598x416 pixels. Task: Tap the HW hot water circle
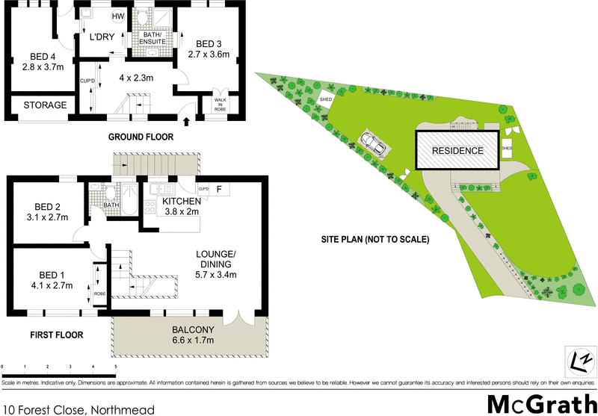pos(118,16)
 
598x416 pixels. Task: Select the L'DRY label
pos(102,37)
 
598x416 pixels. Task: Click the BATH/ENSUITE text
pos(153,38)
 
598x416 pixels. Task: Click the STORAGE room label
pos(44,105)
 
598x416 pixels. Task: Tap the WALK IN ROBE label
pos(221,104)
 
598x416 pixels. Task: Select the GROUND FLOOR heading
pos(141,137)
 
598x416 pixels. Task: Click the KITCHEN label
pos(182,202)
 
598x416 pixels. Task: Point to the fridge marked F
pos(219,189)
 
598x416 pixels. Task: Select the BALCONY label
pos(193,329)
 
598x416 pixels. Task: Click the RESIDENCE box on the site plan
pos(457,150)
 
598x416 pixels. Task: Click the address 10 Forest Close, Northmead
pos(78,409)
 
